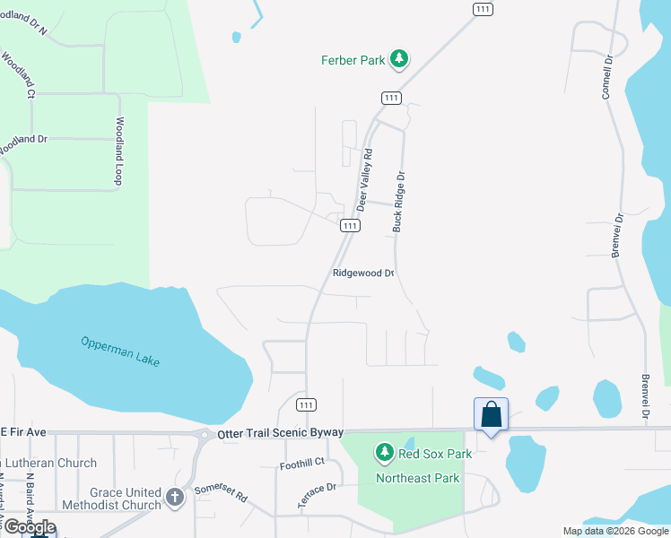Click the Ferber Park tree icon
point(399,60)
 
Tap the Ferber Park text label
point(353,60)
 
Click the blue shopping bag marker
point(491,415)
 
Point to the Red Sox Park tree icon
point(385,453)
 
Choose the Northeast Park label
point(417,478)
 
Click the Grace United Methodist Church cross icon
point(175,496)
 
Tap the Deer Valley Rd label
point(364,179)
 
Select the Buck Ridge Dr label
point(400,203)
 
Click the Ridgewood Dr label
point(363,273)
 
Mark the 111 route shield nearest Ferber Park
point(390,97)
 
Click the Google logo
point(30,527)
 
